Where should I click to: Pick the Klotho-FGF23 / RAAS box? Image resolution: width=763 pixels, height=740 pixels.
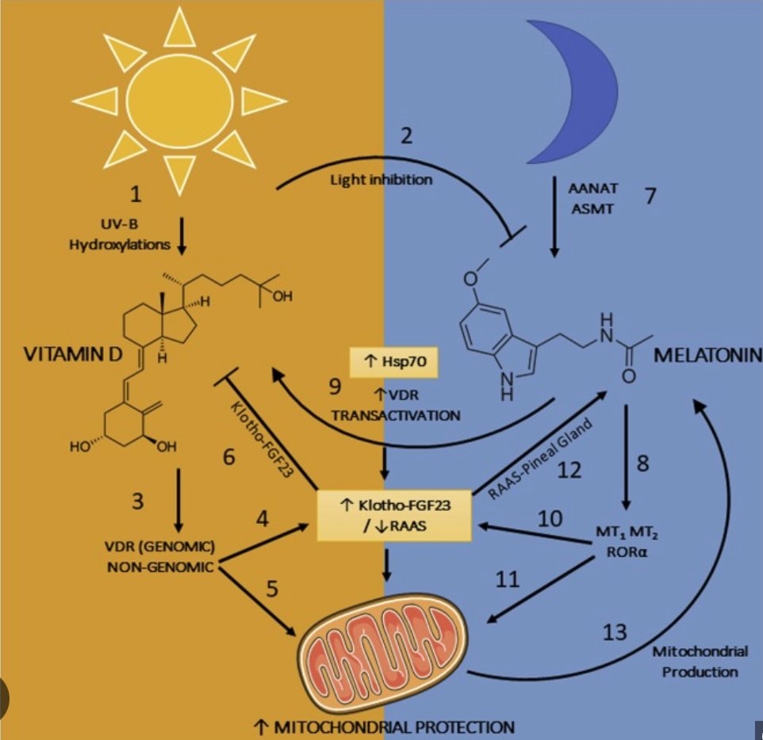389,515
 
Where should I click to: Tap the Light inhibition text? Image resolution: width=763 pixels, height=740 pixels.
381,180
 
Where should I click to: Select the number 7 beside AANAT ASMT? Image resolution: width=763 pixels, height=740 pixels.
650,196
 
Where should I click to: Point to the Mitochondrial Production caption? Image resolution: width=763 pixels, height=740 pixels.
700,661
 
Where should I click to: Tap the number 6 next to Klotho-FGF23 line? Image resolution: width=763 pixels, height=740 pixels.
228,458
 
